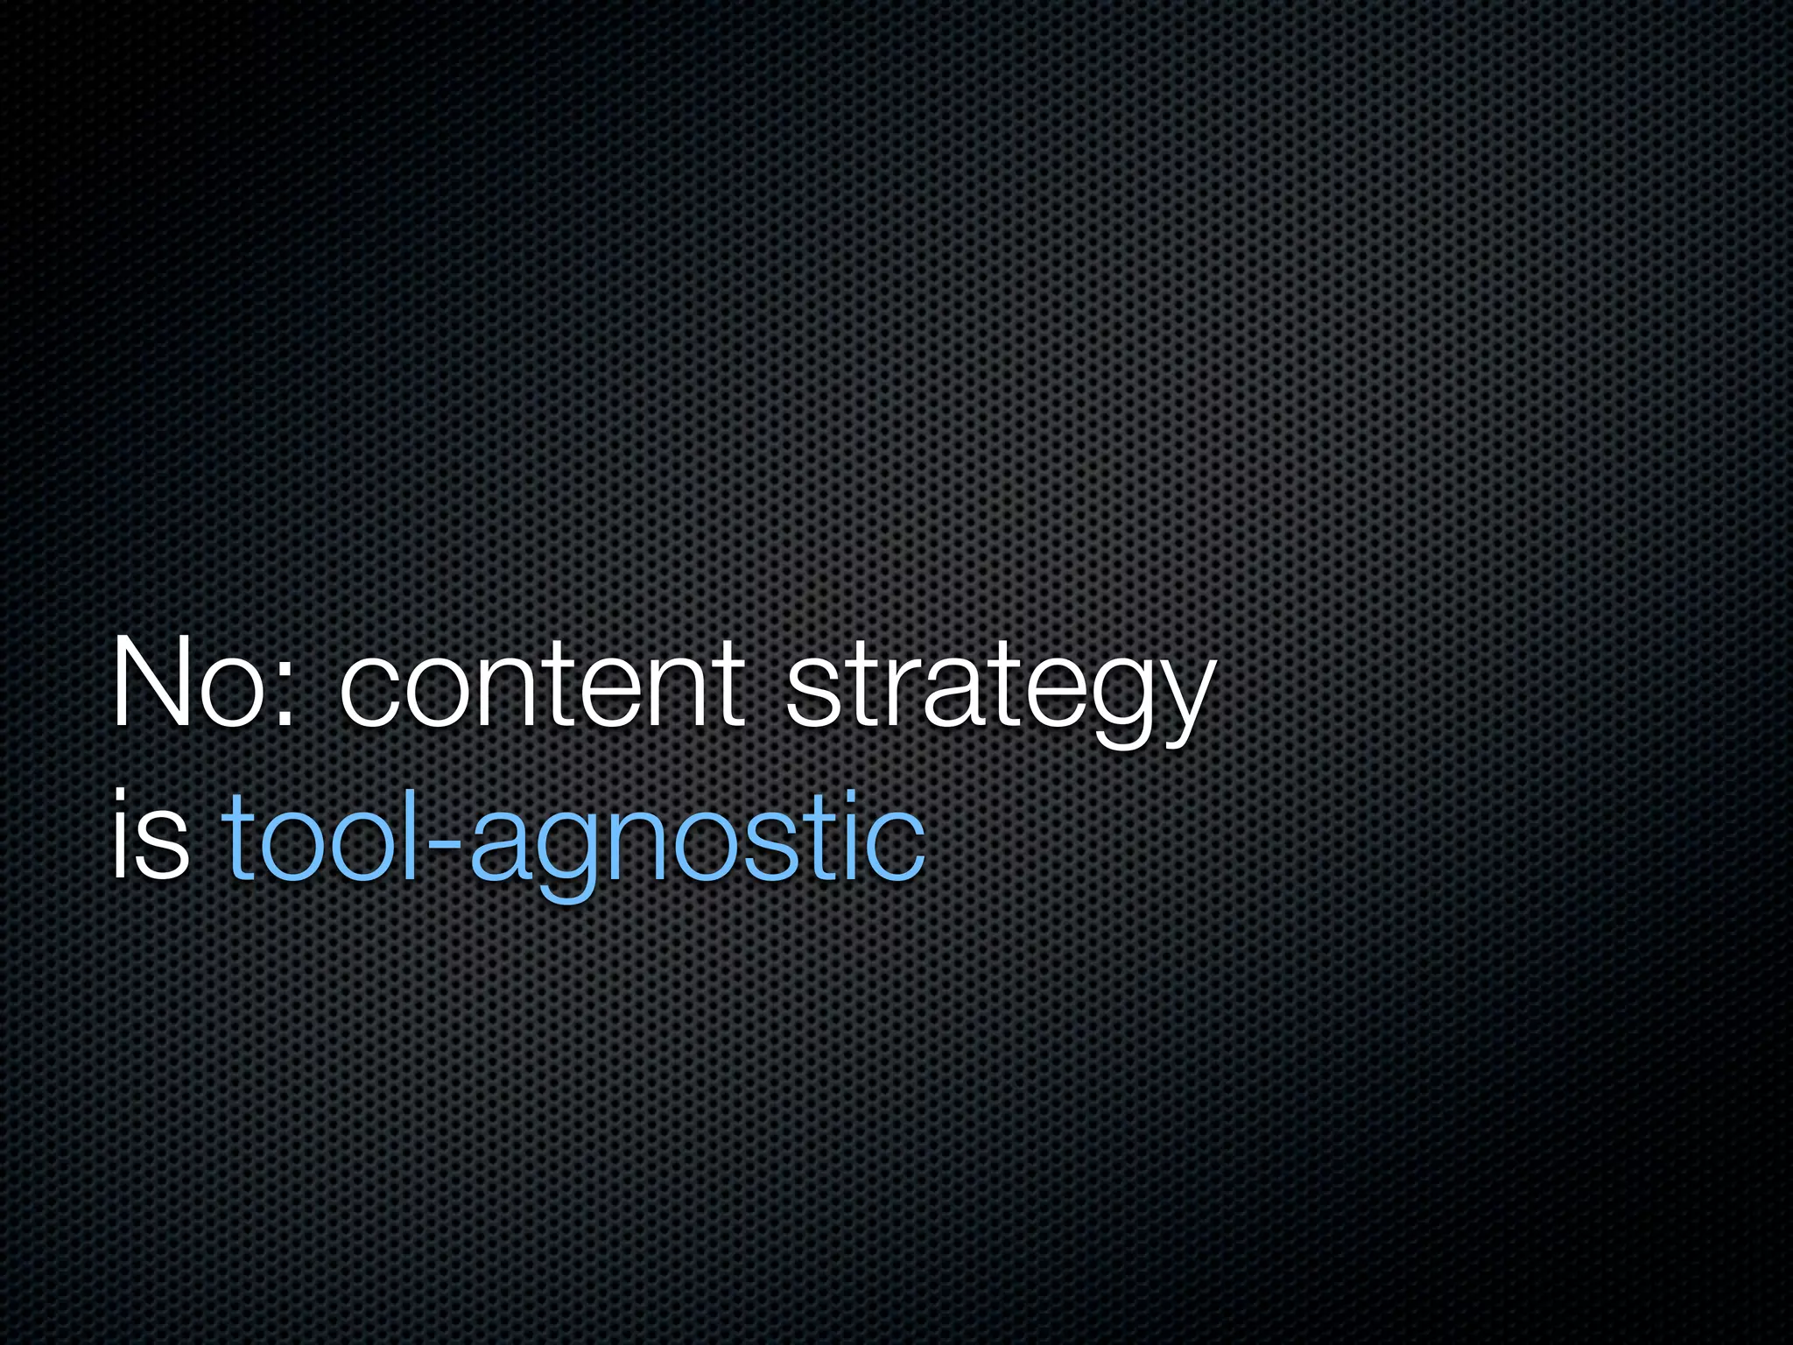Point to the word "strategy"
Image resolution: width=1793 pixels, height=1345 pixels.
(x=999, y=692)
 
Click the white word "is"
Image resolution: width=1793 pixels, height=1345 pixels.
(x=150, y=835)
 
